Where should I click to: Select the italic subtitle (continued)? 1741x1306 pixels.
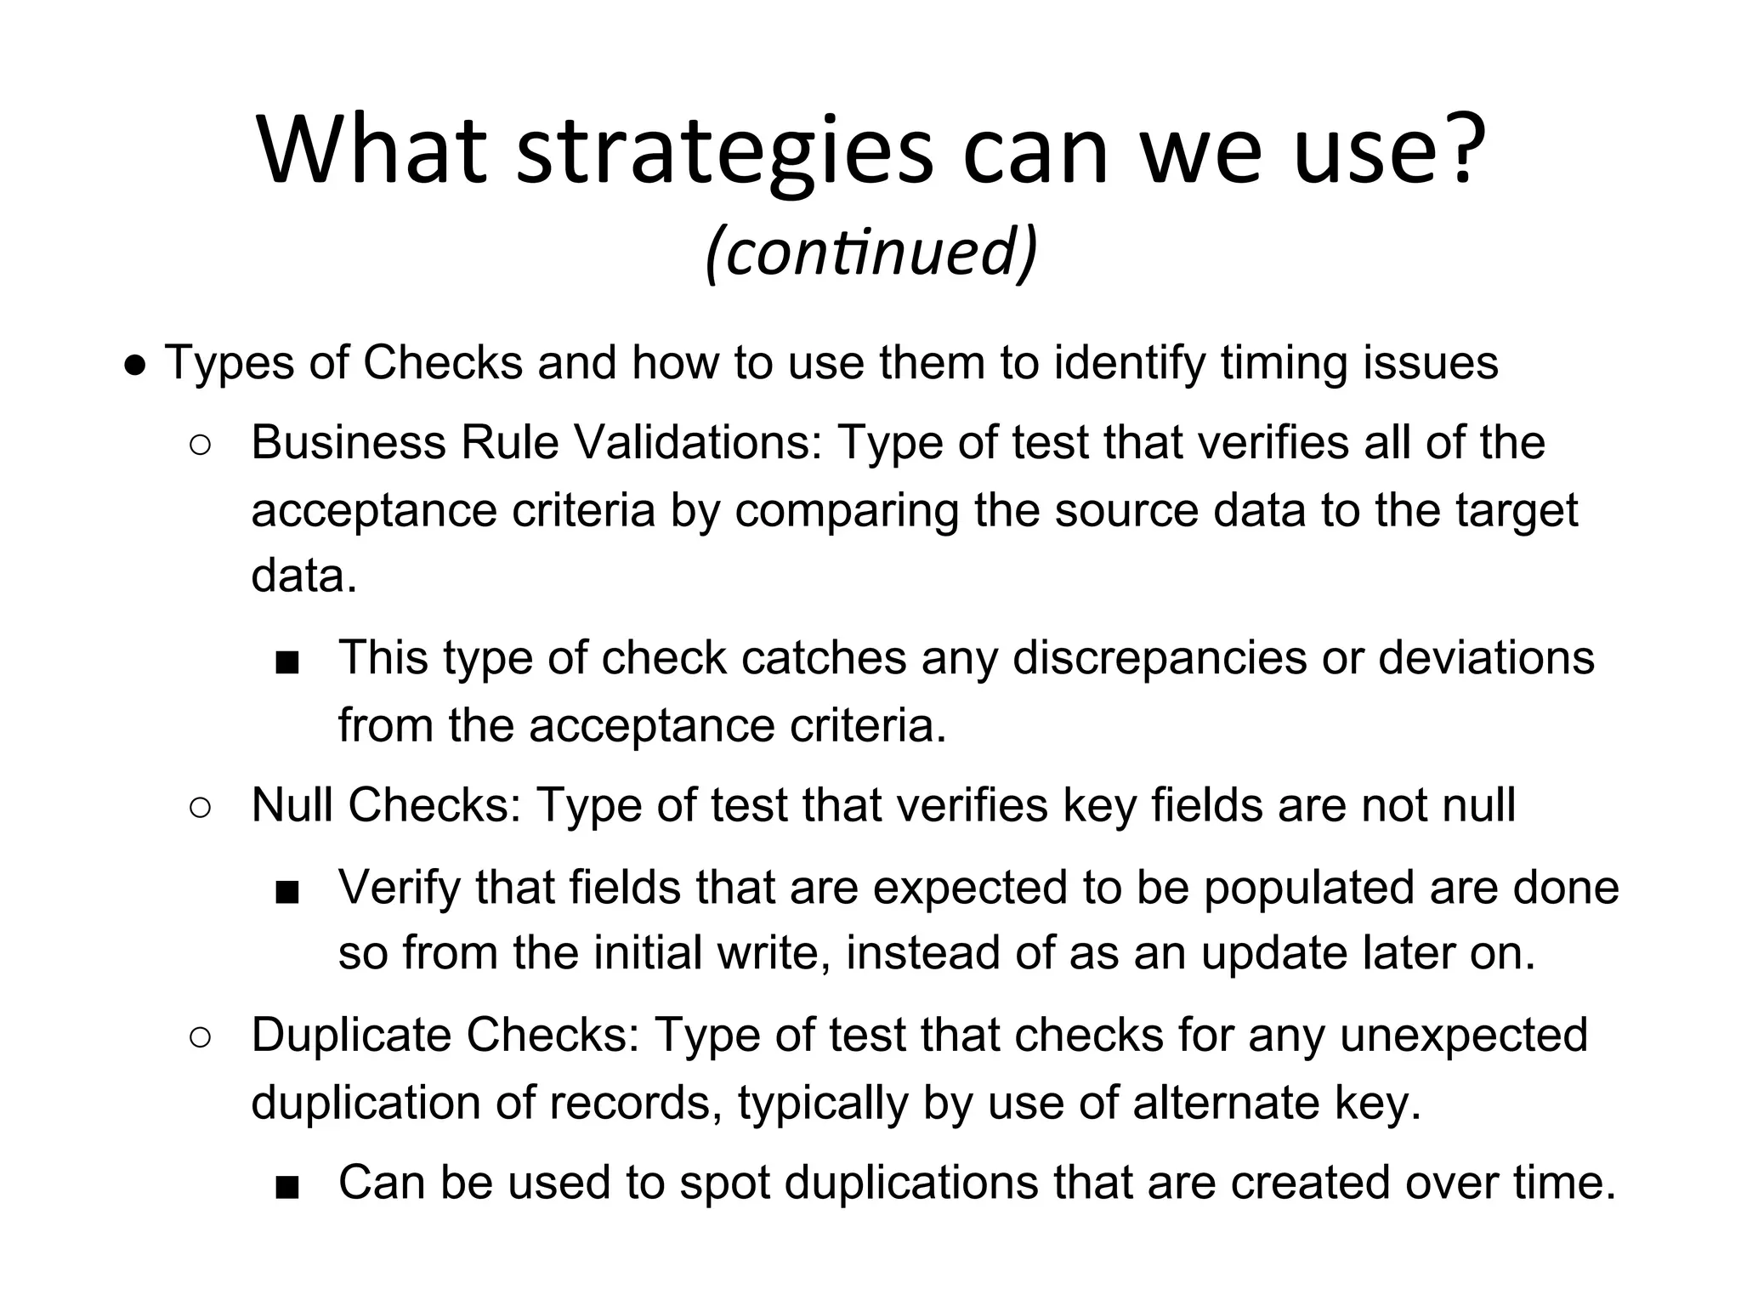coord(871,253)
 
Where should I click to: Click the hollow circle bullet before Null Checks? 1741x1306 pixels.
coord(201,808)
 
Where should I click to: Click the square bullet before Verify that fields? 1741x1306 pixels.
coord(287,892)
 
